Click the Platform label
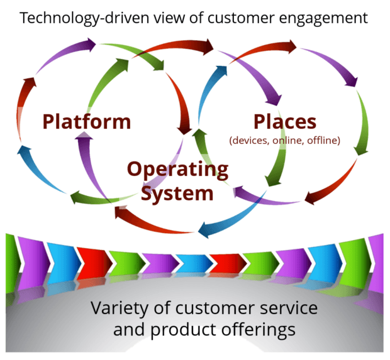click(x=87, y=121)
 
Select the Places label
click(x=285, y=121)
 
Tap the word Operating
click(x=177, y=170)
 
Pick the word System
click(x=177, y=193)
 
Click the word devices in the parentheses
click(x=249, y=141)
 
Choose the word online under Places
click(x=287, y=141)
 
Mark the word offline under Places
click(x=323, y=141)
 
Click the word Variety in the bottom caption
click(x=117, y=308)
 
